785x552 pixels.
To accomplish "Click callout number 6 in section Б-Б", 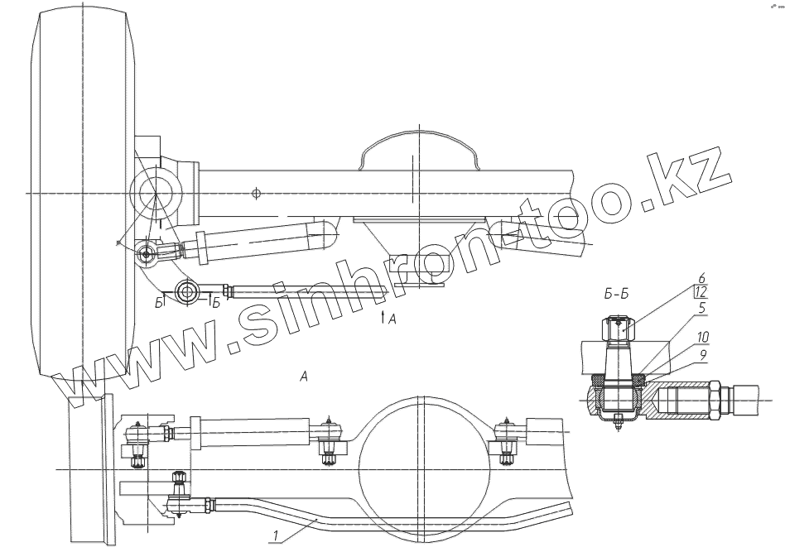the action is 702,278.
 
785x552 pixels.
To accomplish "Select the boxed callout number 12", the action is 701,291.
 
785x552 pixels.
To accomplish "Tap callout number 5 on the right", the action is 702,307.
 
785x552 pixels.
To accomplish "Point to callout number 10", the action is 703,337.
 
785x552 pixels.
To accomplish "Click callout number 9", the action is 703,355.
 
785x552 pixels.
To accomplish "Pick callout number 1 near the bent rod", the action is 275,536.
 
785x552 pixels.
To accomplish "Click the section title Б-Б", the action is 616,295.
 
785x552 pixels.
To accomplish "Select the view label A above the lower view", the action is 303,376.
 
